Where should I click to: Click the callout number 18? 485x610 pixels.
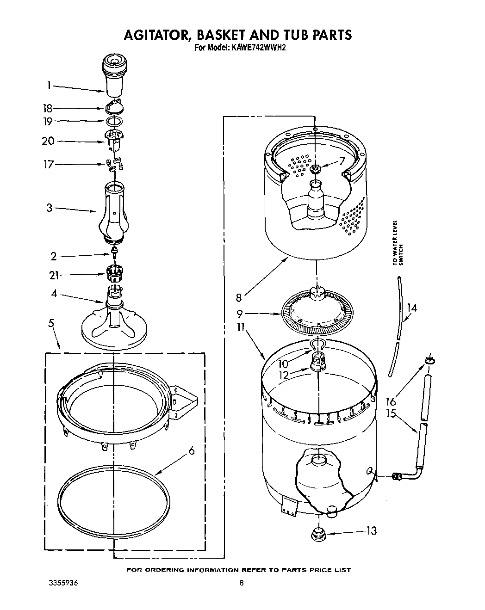pyautogui.click(x=48, y=109)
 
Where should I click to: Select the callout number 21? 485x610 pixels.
pyautogui.click(x=54, y=275)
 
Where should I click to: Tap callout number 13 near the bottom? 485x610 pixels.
pyautogui.click(x=371, y=531)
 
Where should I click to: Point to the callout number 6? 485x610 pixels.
pyautogui.click(x=192, y=452)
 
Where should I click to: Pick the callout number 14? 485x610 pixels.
pyautogui.click(x=412, y=308)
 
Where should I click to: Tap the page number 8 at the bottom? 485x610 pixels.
pyautogui.click(x=242, y=584)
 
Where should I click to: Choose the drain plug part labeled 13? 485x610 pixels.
pyautogui.click(x=319, y=533)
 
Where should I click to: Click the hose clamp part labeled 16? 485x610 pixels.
pyautogui.click(x=429, y=359)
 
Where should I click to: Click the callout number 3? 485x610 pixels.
pyautogui.click(x=49, y=208)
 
